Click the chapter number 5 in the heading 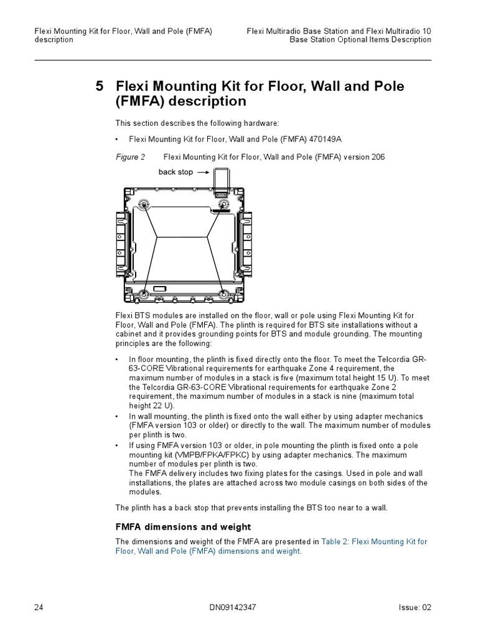point(99,87)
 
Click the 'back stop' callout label point(176,172)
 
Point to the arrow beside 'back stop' point(202,172)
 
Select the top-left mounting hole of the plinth point(143,204)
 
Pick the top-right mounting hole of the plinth point(223,204)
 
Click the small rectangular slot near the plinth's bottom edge point(159,288)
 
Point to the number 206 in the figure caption point(378,157)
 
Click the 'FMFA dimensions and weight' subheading point(183,527)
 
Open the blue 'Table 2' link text point(337,542)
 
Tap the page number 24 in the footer point(39,607)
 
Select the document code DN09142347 point(238,607)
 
